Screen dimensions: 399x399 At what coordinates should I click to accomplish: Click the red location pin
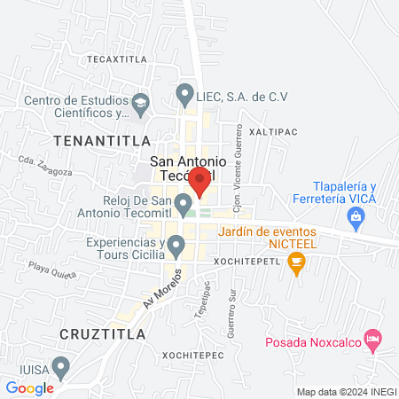click(199, 181)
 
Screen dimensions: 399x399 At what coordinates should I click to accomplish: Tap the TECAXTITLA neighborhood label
click(116, 59)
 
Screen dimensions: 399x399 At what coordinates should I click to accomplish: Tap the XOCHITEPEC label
click(192, 354)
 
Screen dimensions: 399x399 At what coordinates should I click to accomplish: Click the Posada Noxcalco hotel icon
click(374, 338)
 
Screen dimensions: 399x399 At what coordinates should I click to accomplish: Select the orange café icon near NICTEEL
click(296, 262)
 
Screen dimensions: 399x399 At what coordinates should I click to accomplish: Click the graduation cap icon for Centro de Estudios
click(140, 105)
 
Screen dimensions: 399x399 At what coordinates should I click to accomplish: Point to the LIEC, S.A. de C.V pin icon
click(184, 92)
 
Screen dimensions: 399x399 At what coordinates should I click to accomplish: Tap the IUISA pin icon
click(61, 365)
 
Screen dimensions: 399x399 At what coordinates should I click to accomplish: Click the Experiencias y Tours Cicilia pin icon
click(176, 244)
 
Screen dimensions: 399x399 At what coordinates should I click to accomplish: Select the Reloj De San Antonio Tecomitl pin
click(184, 206)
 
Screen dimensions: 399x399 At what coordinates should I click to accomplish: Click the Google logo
click(29, 387)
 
